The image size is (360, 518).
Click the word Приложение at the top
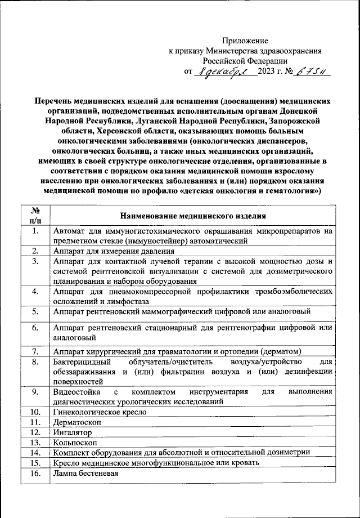[245, 40]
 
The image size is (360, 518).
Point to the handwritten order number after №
[313, 72]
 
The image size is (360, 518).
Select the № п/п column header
[35, 215]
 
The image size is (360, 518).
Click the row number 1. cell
[35, 231]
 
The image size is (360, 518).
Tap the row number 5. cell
[35, 311]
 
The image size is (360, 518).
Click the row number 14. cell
[35, 452]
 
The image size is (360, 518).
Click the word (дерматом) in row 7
[279, 351]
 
